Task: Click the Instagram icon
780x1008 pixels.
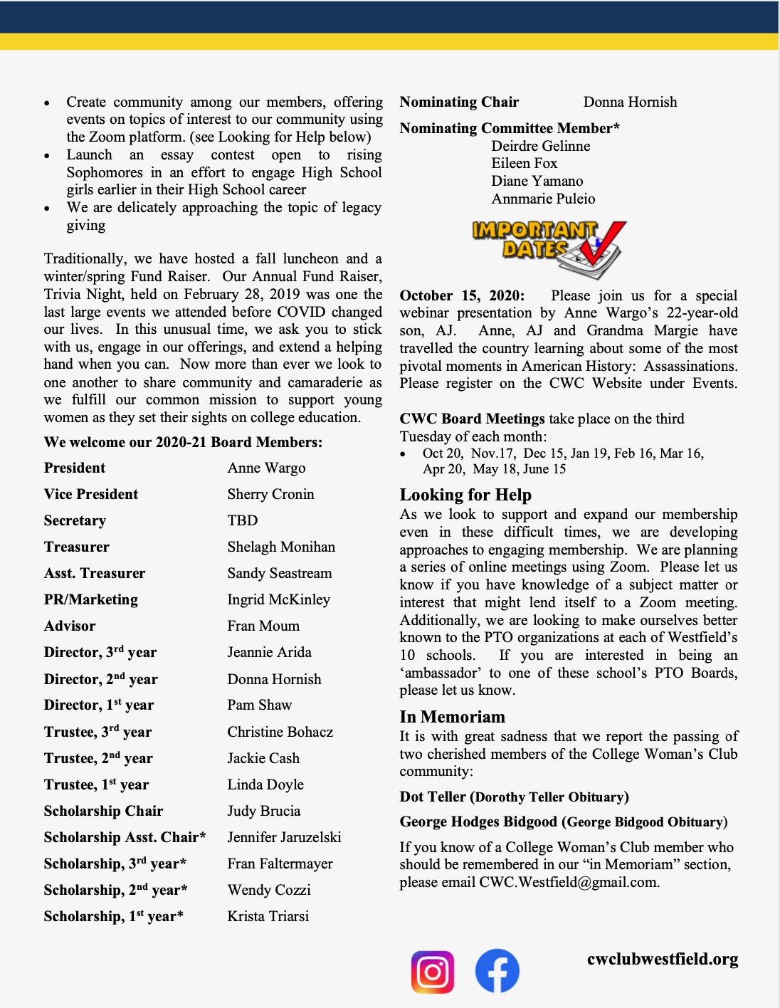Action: point(433,972)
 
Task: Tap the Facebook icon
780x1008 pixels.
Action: point(497,971)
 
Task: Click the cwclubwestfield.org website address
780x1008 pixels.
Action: point(663,959)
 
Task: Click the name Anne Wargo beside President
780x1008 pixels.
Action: point(266,468)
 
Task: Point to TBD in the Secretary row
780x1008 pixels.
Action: point(243,520)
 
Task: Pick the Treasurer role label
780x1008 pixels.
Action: point(77,547)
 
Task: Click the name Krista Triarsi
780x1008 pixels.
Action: point(268,916)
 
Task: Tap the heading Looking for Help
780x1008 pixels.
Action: point(465,495)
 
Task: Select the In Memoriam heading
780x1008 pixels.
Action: point(452,717)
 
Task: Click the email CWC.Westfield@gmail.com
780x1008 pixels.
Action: point(569,883)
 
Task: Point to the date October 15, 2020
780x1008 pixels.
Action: point(462,295)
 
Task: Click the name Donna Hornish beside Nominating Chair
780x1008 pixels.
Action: point(630,102)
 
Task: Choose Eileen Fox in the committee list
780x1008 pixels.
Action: point(525,163)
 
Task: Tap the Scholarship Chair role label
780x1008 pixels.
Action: point(103,811)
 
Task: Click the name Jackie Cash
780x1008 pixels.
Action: point(263,758)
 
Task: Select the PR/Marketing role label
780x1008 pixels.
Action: point(91,599)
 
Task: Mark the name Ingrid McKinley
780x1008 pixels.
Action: point(278,599)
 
